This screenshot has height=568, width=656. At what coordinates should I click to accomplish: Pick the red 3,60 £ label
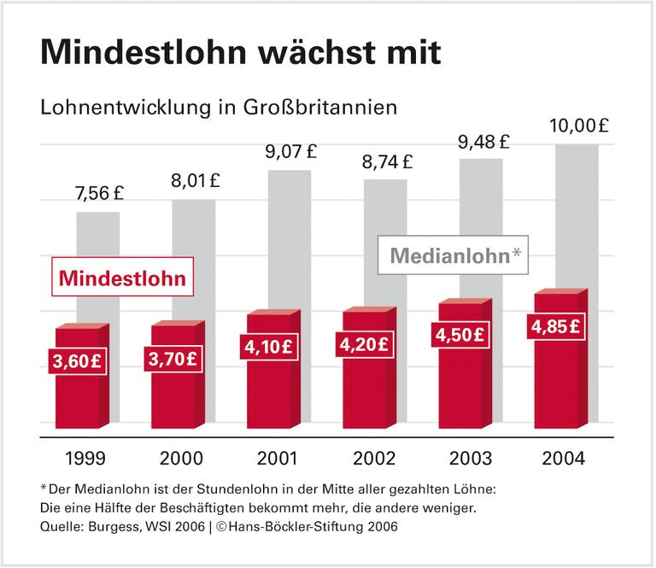[78, 360]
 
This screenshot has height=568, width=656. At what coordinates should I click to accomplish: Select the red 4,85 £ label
[556, 326]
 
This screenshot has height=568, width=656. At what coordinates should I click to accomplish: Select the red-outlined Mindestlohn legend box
[121, 277]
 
